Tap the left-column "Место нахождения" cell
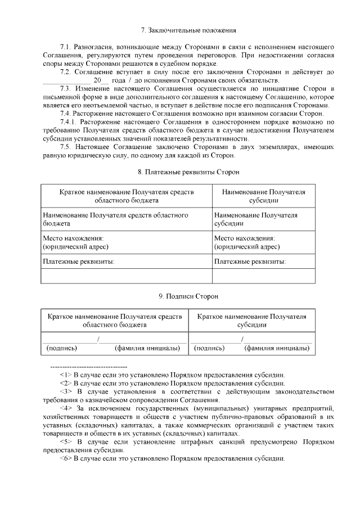point(126,242)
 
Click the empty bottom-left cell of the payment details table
point(126,276)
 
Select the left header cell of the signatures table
point(114,321)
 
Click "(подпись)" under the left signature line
point(62,348)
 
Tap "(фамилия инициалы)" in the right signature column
point(277,348)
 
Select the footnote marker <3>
point(66,391)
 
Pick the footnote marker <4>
point(66,407)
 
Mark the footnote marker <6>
point(66,458)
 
